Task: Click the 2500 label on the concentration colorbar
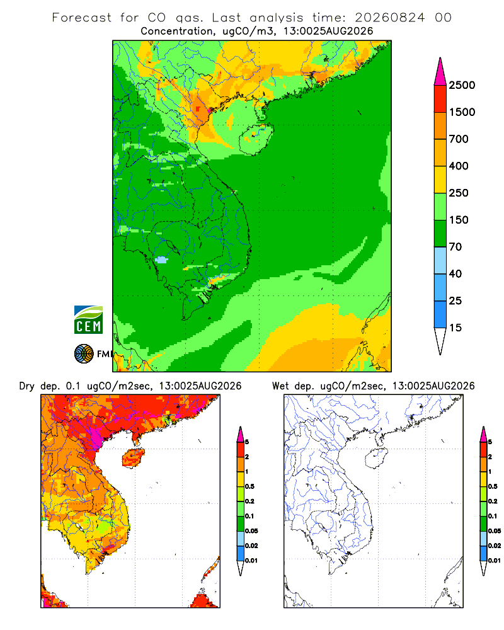point(462,85)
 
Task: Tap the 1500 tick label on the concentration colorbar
point(462,112)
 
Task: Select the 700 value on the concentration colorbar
point(459,139)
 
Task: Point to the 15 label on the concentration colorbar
point(455,328)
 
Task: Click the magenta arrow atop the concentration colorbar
point(440,72)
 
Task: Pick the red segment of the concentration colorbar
point(440,99)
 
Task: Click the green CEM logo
point(88,320)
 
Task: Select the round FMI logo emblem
point(84,354)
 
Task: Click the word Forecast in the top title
point(82,18)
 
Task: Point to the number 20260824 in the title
point(389,18)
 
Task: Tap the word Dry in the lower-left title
point(27,386)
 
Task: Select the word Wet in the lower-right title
point(280,386)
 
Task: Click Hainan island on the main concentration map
point(256,139)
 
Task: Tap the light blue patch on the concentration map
point(161,260)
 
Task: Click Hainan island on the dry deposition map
point(133,459)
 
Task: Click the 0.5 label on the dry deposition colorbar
point(249,486)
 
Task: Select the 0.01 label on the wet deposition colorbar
point(495,561)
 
